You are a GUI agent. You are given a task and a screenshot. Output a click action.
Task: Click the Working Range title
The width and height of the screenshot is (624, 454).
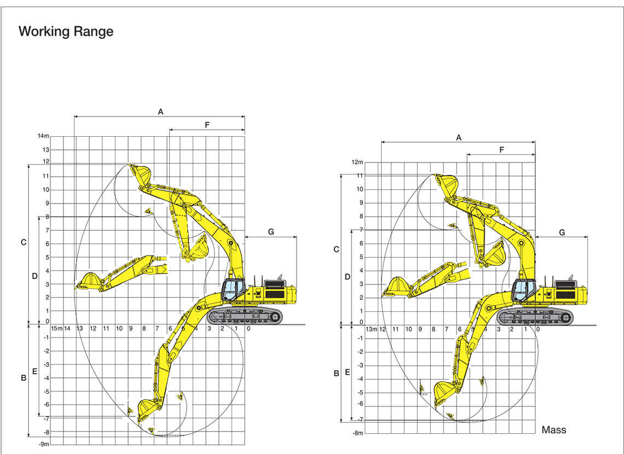point(66,31)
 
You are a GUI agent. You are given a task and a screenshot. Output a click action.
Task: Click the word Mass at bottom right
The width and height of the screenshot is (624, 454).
point(553,430)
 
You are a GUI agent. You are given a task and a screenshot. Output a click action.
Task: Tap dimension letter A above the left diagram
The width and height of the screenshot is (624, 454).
point(160,112)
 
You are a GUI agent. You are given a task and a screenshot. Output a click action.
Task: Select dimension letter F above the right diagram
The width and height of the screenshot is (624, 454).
point(501,150)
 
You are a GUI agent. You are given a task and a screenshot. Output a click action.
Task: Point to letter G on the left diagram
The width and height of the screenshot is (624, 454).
point(271,232)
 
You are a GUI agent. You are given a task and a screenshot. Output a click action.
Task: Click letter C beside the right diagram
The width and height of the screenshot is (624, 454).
point(336,249)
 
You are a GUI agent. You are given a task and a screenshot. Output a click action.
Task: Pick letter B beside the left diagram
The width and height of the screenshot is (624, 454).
point(24,378)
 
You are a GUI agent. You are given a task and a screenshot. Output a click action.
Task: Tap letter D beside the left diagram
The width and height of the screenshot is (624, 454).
point(34,276)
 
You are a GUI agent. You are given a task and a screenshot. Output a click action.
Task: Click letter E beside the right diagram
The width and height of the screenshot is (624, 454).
point(348,372)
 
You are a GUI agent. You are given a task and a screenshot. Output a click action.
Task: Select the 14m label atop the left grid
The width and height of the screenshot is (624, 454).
point(44,136)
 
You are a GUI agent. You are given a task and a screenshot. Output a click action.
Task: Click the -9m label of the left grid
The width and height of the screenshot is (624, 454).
point(43,444)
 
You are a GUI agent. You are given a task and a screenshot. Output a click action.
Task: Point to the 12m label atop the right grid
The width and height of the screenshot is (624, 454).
point(357,162)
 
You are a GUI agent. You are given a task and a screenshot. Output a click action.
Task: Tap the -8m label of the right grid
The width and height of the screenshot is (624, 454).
point(357,433)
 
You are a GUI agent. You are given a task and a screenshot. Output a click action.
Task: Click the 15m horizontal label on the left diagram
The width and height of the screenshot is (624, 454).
point(57,328)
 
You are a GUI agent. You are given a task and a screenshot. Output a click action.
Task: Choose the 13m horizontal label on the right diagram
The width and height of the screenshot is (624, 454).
point(371,329)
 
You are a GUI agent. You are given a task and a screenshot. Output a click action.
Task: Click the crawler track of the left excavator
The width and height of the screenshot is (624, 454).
point(245,317)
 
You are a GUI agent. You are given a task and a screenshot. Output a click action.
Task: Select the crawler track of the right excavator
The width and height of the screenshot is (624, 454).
point(535,317)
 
